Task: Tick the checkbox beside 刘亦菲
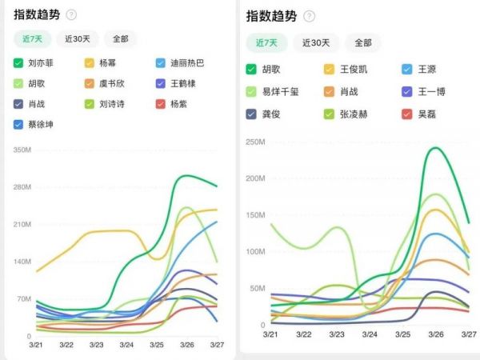(18, 62)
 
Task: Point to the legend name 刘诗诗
(114, 103)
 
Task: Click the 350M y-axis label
(22, 150)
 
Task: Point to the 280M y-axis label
(22, 187)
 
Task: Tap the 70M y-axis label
(23, 299)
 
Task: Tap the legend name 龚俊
(273, 114)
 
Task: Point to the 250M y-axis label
(255, 142)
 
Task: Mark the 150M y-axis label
(255, 215)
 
